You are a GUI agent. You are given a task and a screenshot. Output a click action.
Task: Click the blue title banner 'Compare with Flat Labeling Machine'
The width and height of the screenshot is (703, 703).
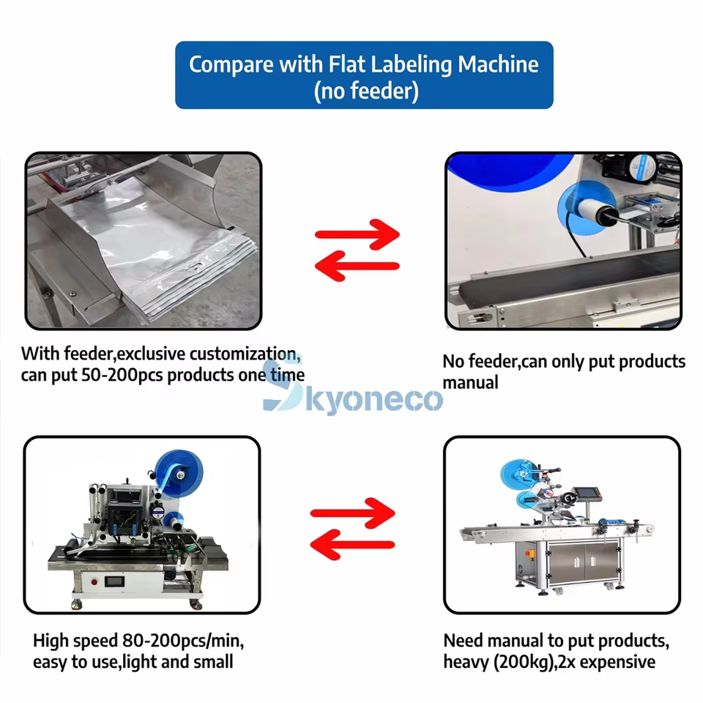point(364,64)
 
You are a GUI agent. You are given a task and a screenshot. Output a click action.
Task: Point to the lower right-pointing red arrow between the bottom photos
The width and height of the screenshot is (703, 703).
point(352,512)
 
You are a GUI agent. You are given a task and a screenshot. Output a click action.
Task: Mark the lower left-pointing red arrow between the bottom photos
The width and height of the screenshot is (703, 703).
point(352,543)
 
